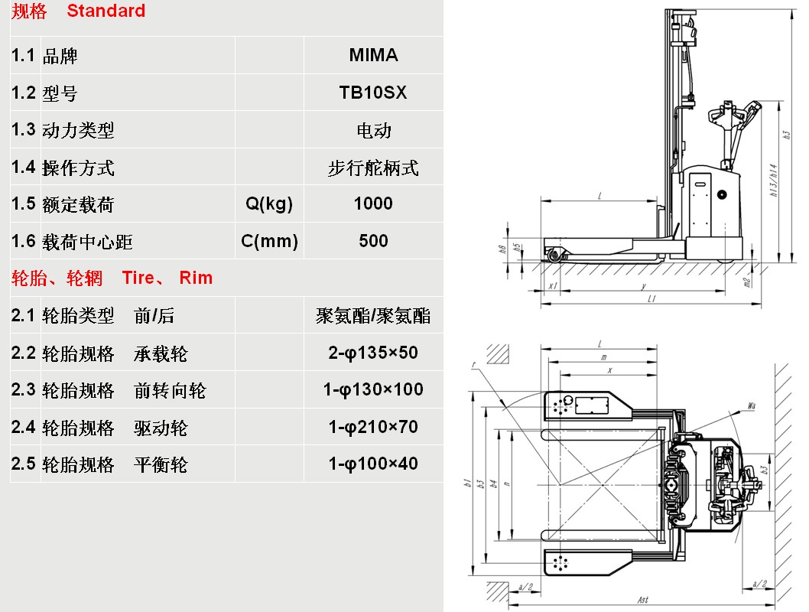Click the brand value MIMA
(x=373, y=55)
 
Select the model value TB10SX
(x=373, y=93)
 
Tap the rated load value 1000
(x=373, y=203)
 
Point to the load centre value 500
(x=373, y=241)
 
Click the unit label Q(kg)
(x=269, y=203)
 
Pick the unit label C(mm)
(x=269, y=241)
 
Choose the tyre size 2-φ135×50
(x=373, y=353)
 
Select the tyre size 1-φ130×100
(x=373, y=389)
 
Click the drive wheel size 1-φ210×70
(x=373, y=427)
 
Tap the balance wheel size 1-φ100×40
(x=373, y=464)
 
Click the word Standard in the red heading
(x=106, y=11)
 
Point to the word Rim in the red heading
(x=196, y=278)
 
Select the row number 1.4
(x=24, y=167)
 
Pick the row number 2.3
(x=24, y=389)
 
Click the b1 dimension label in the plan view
(x=466, y=483)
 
